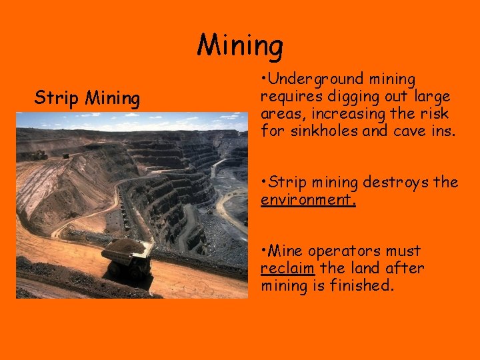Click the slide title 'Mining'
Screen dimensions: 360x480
coord(240,46)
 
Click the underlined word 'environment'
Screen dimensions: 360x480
coord(307,199)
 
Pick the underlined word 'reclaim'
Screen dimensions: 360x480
coord(288,269)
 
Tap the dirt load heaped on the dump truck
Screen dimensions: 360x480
coord(123,245)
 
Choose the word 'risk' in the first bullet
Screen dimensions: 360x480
coord(436,114)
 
